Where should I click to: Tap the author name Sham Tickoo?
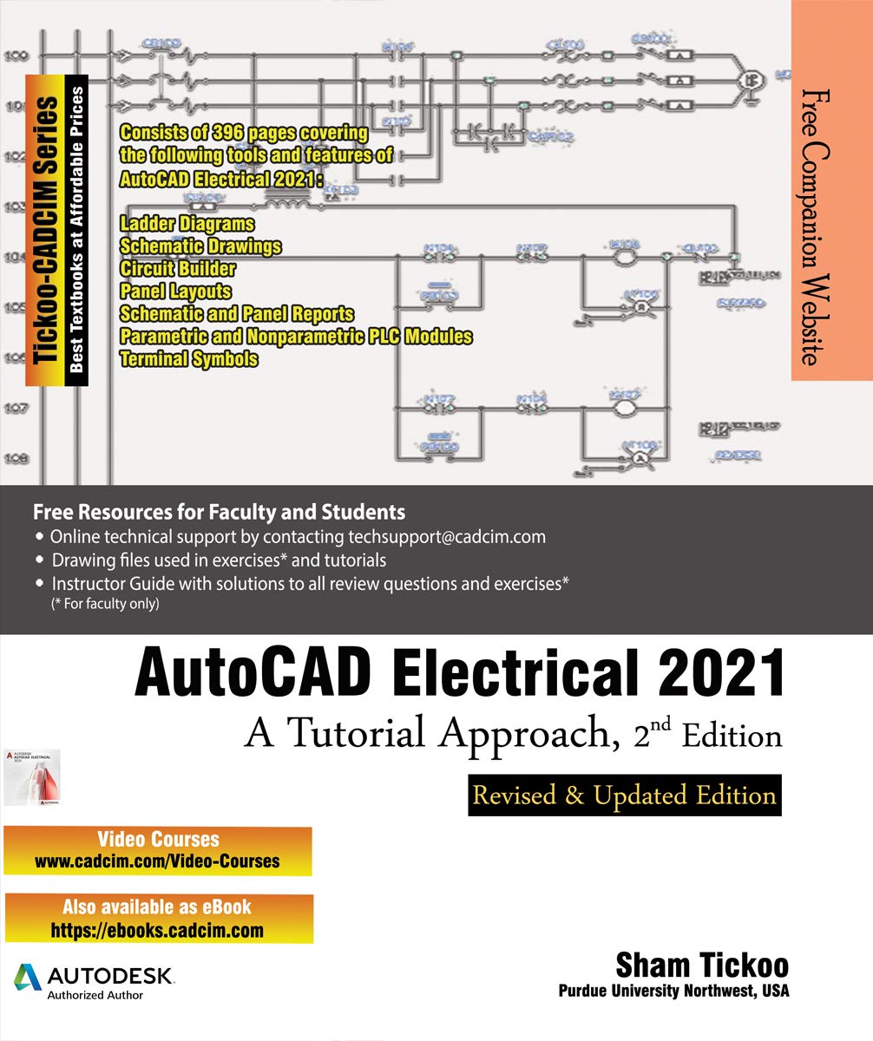pos(703,966)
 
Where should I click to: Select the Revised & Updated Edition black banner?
pos(625,795)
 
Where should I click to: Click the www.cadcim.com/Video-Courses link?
pos(157,861)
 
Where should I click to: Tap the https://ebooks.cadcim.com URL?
pos(157,931)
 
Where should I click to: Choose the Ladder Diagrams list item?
pos(187,225)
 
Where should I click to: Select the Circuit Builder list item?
pos(178,269)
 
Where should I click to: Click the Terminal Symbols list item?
pos(188,358)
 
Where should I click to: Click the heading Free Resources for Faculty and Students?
pos(219,511)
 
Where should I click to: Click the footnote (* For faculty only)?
pos(105,604)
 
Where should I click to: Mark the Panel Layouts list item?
pos(176,291)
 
